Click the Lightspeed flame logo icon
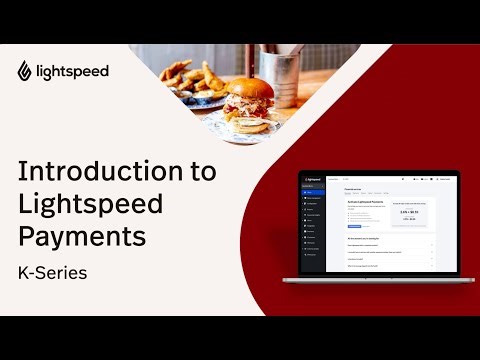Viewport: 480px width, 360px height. point(25,70)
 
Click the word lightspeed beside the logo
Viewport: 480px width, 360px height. point(71,71)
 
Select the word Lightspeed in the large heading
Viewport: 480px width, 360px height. point(93,204)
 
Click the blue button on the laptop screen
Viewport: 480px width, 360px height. point(355,226)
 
